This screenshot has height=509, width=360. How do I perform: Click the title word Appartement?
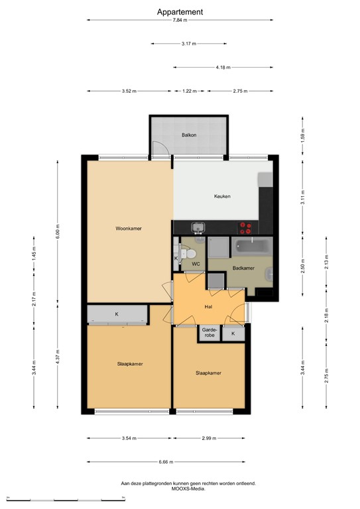[x=180, y=11]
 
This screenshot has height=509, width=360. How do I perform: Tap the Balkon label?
[x=190, y=135]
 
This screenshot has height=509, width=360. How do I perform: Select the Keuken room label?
[x=222, y=196]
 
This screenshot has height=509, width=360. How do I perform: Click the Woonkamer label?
[x=129, y=228]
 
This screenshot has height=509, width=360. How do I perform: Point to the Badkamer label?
[x=243, y=268]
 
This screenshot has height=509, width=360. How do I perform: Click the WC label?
[x=196, y=264]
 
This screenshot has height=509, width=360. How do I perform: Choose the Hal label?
[x=208, y=308]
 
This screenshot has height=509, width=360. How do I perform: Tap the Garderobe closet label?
[x=208, y=334]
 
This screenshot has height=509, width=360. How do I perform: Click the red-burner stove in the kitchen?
[x=246, y=227]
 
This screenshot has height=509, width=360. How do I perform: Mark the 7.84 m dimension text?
[x=180, y=21]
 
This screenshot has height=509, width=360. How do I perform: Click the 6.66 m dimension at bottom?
[x=165, y=462]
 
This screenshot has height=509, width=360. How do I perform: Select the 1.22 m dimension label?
[x=190, y=91]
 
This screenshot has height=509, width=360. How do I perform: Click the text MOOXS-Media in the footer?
[x=188, y=490]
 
